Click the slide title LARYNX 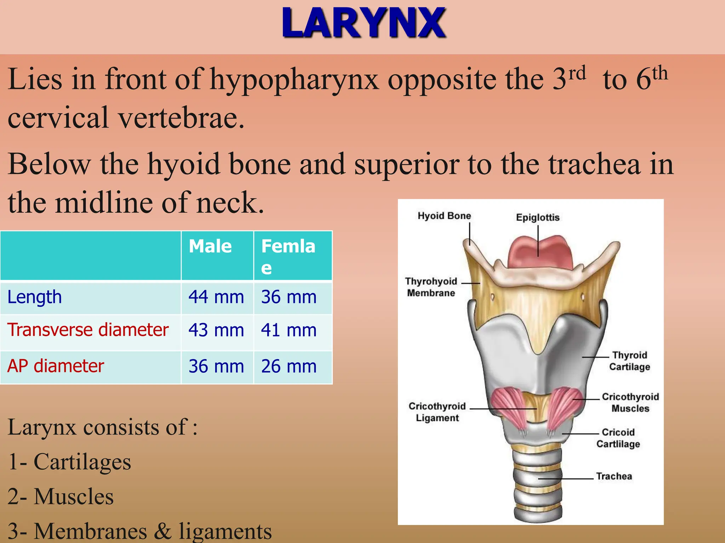coord(364,23)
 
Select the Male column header coord(210,246)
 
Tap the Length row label coord(35,297)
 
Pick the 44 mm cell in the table coord(216,297)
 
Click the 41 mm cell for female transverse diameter coord(289,330)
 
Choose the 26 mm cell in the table coord(289,366)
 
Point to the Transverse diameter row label coord(88,330)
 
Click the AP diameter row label coord(56,366)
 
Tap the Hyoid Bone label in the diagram coord(444,216)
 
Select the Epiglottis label coord(538,217)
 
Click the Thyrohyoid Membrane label coord(431,287)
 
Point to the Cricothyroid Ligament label coord(437,412)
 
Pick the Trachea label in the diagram coord(614,476)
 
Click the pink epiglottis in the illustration coord(540,251)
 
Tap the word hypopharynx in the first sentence coord(295,80)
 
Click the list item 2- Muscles coord(61,497)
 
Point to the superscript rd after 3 coord(577,73)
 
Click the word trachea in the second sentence coord(594,165)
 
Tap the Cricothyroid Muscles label coord(630,402)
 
